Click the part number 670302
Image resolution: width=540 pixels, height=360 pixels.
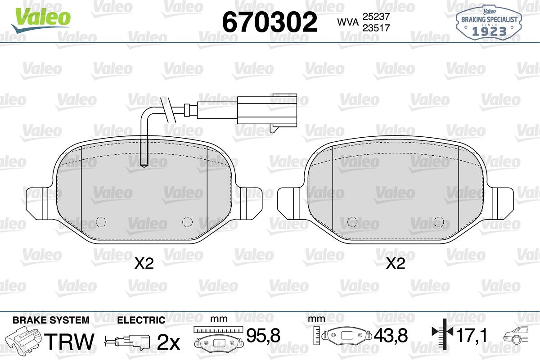click(270, 22)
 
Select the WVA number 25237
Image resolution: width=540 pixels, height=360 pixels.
click(376, 17)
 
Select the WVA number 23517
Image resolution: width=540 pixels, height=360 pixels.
click(376, 28)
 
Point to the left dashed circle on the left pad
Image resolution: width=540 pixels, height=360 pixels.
click(101, 221)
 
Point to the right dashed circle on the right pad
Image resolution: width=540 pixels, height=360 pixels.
click(438, 222)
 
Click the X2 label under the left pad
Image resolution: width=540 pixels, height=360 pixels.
click(144, 264)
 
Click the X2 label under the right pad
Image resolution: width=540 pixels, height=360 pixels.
click(396, 264)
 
